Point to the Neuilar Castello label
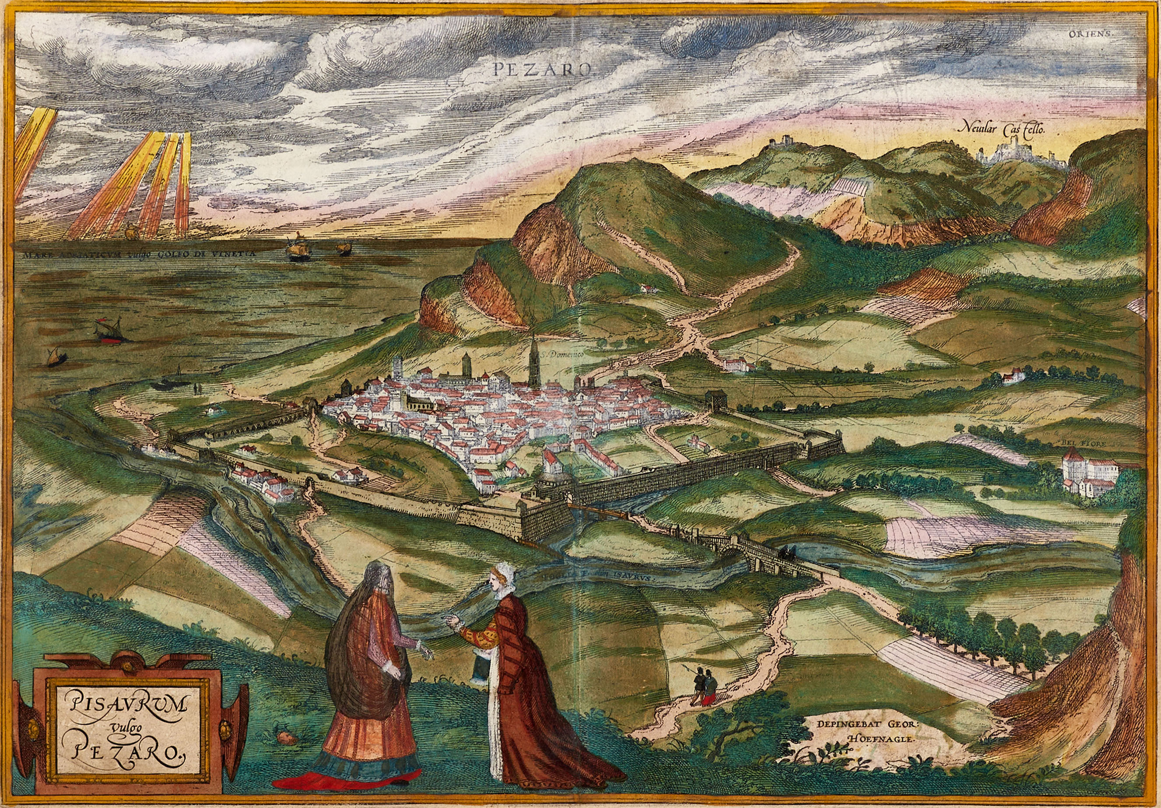(1003, 129)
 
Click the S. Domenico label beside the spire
(561, 355)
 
